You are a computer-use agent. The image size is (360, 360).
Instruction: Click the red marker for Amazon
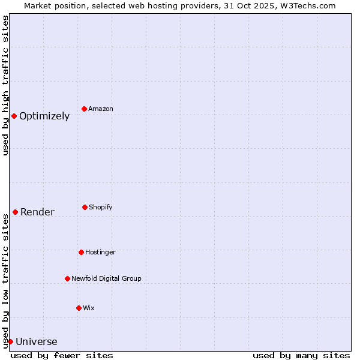(x=85, y=109)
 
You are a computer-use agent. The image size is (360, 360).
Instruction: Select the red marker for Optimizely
(x=14, y=116)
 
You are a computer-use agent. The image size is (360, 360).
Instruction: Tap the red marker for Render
(x=15, y=212)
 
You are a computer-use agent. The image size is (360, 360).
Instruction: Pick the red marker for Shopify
(x=85, y=207)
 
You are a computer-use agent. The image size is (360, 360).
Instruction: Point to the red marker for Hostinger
(x=81, y=252)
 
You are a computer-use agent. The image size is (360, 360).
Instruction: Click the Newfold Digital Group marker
(x=67, y=278)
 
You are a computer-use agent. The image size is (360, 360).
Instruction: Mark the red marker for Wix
(x=79, y=308)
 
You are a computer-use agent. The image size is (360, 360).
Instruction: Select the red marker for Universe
(x=10, y=341)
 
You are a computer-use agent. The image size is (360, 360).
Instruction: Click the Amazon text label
(x=101, y=109)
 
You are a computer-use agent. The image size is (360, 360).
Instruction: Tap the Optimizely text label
(x=44, y=116)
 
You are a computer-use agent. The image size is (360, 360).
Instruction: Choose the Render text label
(x=37, y=212)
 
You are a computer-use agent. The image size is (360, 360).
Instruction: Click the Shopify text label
(x=101, y=207)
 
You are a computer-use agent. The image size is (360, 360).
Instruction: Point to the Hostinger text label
(x=100, y=252)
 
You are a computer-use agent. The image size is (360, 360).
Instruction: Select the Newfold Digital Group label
(x=106, y=278)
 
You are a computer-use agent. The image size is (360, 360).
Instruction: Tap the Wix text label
(x=89, y=308)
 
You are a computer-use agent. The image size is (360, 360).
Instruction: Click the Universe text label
(x=37, y=342)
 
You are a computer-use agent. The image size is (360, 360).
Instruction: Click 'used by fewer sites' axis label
(x=62, y=355)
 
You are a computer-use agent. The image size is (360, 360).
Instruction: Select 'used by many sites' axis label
(x=301, y=355)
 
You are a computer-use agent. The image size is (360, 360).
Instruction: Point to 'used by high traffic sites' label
(x=5, y=85)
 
